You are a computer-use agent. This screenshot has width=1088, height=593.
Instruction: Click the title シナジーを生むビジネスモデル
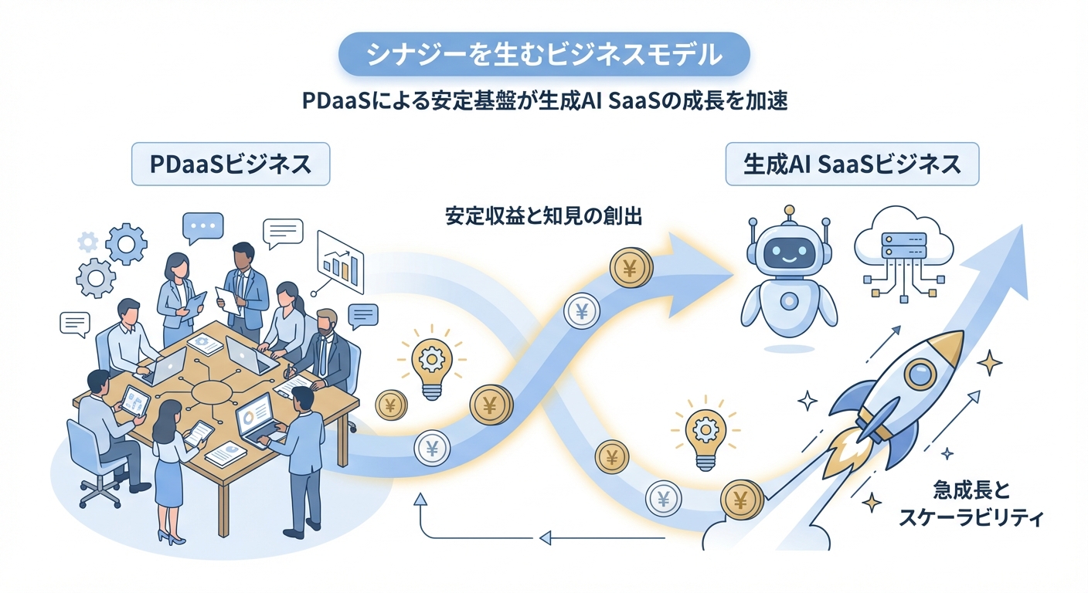(x=544, y=56)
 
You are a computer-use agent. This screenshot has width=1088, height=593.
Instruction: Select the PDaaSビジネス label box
(x=230, y=164)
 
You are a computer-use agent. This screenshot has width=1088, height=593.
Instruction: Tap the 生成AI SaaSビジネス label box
(x=852, y=164)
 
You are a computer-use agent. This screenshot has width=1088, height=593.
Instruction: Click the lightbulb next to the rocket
(x=704, y=432)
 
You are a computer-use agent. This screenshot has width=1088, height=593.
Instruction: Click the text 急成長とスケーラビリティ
(x=971, y=503)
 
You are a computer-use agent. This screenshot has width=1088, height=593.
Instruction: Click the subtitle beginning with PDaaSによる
(x=544, y=102)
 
